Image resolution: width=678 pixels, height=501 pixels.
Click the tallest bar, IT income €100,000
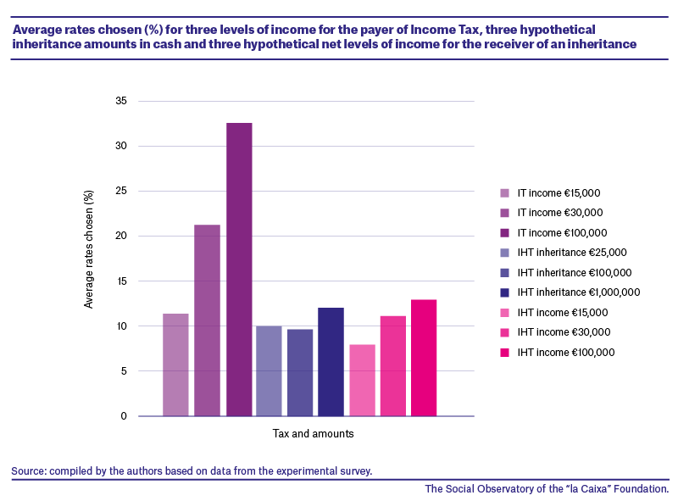click(239, 270)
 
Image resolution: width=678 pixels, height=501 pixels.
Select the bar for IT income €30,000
click(207, 320)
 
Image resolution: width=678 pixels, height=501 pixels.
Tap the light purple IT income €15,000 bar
click(175, 365)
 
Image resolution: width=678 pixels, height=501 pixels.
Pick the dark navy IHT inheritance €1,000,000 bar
click(331, 362)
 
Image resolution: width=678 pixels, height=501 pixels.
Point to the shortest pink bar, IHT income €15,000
click(363, 381)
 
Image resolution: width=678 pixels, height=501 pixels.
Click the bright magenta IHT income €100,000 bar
click(424, 358)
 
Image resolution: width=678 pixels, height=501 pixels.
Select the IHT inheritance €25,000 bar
click(269, 371)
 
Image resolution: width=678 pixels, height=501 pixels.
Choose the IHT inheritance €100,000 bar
click(300, 373)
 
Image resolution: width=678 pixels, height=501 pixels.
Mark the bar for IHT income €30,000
click(393, 366)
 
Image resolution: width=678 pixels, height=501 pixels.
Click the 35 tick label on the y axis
click(121, 101)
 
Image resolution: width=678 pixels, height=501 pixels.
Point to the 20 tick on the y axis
click(121, 236)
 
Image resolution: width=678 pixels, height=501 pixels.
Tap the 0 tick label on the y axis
click(124, 416)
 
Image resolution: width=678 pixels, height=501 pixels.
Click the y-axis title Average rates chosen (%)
click(89, 249)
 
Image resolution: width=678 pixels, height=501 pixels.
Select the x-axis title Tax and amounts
click(313, 433)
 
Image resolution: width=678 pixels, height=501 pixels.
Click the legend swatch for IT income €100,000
click(504, 233)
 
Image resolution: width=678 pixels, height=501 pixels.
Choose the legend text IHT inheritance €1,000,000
click(579, 292)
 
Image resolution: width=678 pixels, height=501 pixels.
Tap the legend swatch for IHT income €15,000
click(504, 312)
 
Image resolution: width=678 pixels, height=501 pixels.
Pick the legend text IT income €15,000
click(559, 193)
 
